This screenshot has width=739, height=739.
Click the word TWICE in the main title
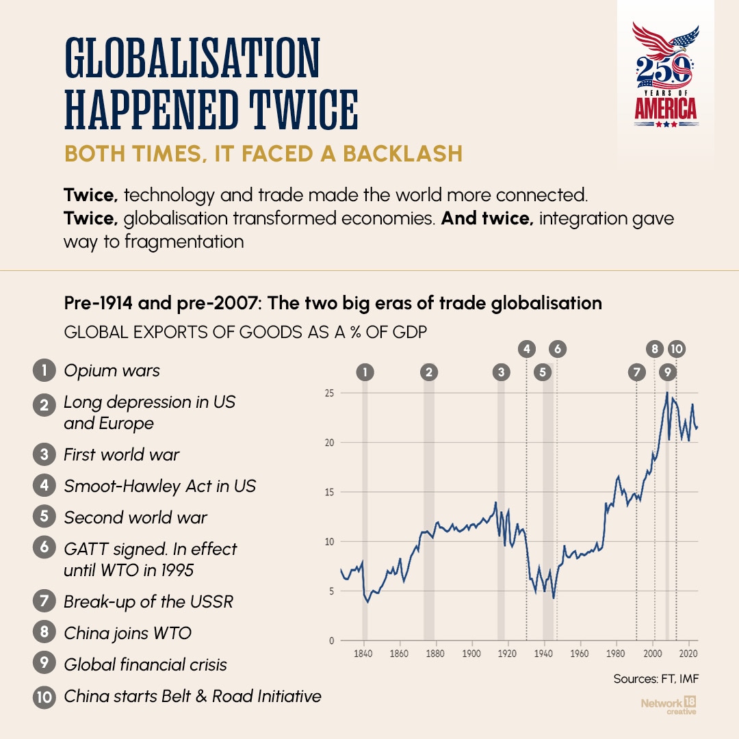(304, 109)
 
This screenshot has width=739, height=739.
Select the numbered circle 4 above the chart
(526, 349)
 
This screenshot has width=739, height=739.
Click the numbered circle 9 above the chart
(667, 372)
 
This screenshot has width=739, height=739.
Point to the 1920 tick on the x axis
(507, 653)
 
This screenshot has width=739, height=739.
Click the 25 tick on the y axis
(329, 393)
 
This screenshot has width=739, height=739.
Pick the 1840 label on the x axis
(363, 653)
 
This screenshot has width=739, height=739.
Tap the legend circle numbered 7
(44, 601)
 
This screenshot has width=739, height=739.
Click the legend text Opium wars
(112, 370)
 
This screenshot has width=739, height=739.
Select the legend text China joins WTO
(128, 633)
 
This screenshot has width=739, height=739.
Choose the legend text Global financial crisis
(145, 664)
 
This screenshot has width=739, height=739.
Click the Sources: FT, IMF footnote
(656, 679)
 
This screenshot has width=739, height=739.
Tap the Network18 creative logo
(669, 705)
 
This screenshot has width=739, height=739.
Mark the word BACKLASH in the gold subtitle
(402, 154)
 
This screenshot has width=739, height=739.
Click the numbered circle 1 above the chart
(365, 372)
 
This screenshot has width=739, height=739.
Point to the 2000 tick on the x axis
(653, 653)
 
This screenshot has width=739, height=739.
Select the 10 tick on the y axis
(329, 542)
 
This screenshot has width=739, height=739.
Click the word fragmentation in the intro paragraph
(184, 242)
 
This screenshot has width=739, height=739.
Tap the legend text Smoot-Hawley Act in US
(159, 486)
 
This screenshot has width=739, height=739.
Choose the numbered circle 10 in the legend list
(44, 696)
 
